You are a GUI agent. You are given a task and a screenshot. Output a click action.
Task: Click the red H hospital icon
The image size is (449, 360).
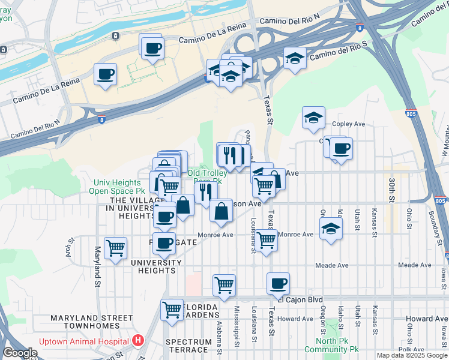tap(139, 341)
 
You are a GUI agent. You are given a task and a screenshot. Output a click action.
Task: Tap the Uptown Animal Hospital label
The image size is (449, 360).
tap(85, 341)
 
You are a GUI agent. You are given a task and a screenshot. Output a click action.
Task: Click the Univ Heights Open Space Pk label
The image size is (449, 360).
tap(120, 187)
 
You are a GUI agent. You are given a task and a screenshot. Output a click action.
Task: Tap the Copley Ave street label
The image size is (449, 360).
tap(349, 124)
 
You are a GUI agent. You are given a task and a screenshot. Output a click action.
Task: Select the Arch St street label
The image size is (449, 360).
tap(71, 247)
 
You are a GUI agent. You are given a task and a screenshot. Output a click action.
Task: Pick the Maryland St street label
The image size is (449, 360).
tap(96, 266)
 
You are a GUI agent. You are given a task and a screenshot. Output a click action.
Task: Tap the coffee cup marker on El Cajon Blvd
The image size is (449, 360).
tap(278, 283)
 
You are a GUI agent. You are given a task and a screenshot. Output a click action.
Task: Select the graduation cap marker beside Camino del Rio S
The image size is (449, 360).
tap(295, 58)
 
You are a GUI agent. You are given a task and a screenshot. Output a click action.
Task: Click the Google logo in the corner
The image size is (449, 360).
tap(20, 353)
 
